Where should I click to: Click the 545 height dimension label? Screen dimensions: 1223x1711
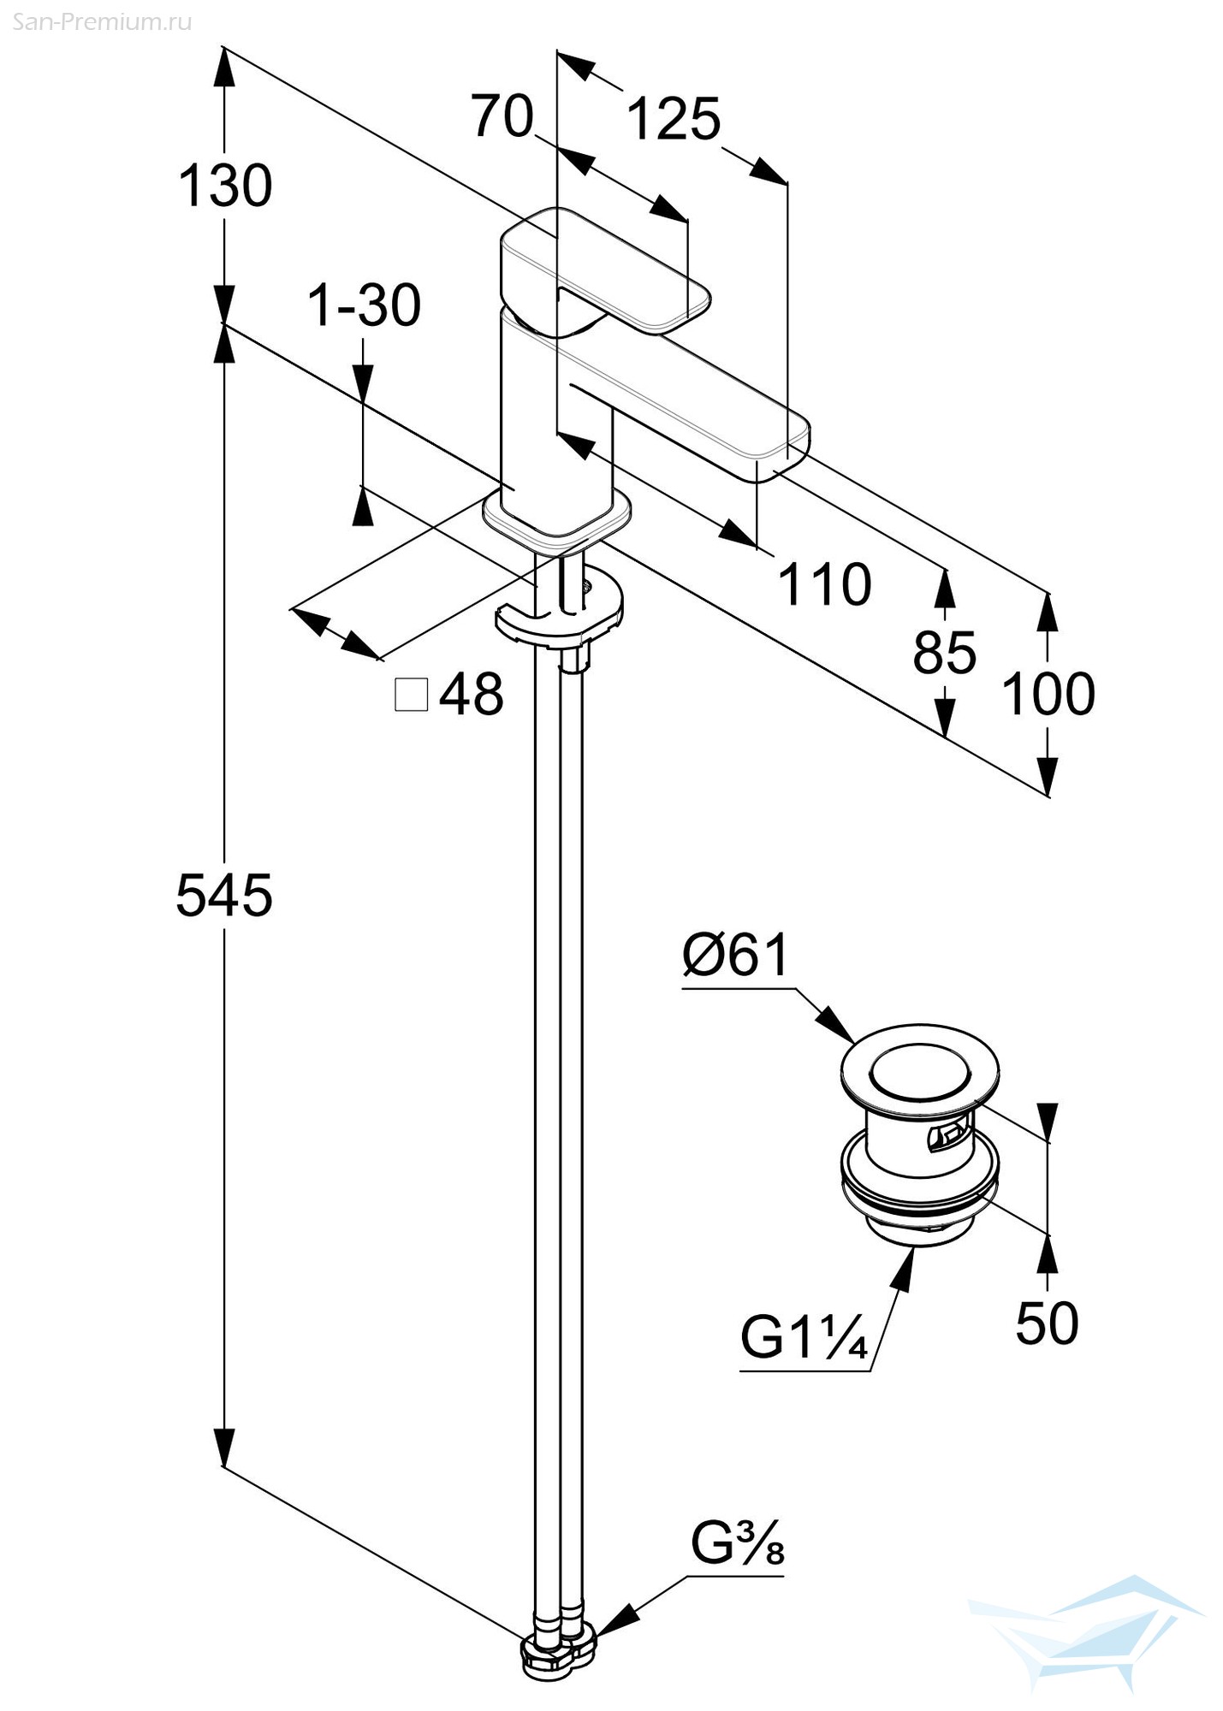click(224, 895)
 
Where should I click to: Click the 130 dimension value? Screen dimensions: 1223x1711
click(225, 186)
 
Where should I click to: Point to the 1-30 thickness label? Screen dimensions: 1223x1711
click(365, 305)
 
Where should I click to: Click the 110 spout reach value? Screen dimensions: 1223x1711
click(824, 585)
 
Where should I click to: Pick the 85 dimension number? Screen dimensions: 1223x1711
click(944, 654)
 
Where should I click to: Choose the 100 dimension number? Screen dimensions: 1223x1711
click(1048, 694)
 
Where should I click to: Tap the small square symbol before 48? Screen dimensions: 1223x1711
click(412, 695)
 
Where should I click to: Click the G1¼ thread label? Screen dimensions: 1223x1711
click(804, 1337)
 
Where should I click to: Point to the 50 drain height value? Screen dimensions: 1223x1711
click(1047, 1323)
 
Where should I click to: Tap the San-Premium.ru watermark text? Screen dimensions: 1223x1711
click(102, 22)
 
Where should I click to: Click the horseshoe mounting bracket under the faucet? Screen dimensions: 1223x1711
click(560, 610)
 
